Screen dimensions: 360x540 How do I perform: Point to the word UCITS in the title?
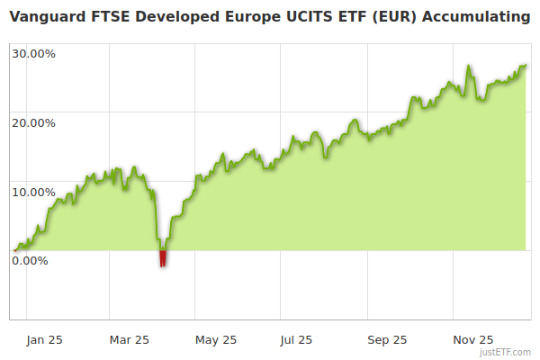coord(299,17)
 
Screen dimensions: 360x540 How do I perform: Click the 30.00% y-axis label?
coord(34,53)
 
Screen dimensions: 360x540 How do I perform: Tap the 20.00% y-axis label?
coord(34,122)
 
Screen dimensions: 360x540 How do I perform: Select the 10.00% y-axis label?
coord(34,192)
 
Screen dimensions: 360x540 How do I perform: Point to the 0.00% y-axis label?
coord(31,261)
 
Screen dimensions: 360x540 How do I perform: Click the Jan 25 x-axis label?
coord(44,339)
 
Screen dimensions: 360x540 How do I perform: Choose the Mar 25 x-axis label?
coord(130,339)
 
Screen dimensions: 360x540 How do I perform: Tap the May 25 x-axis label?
coord(216,339)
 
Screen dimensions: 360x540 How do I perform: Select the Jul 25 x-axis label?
coord(296,339)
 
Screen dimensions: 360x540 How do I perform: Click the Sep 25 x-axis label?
coord(388,339)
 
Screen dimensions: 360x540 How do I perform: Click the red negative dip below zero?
coord(163,259)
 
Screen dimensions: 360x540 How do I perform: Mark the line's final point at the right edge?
coord(526,65)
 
